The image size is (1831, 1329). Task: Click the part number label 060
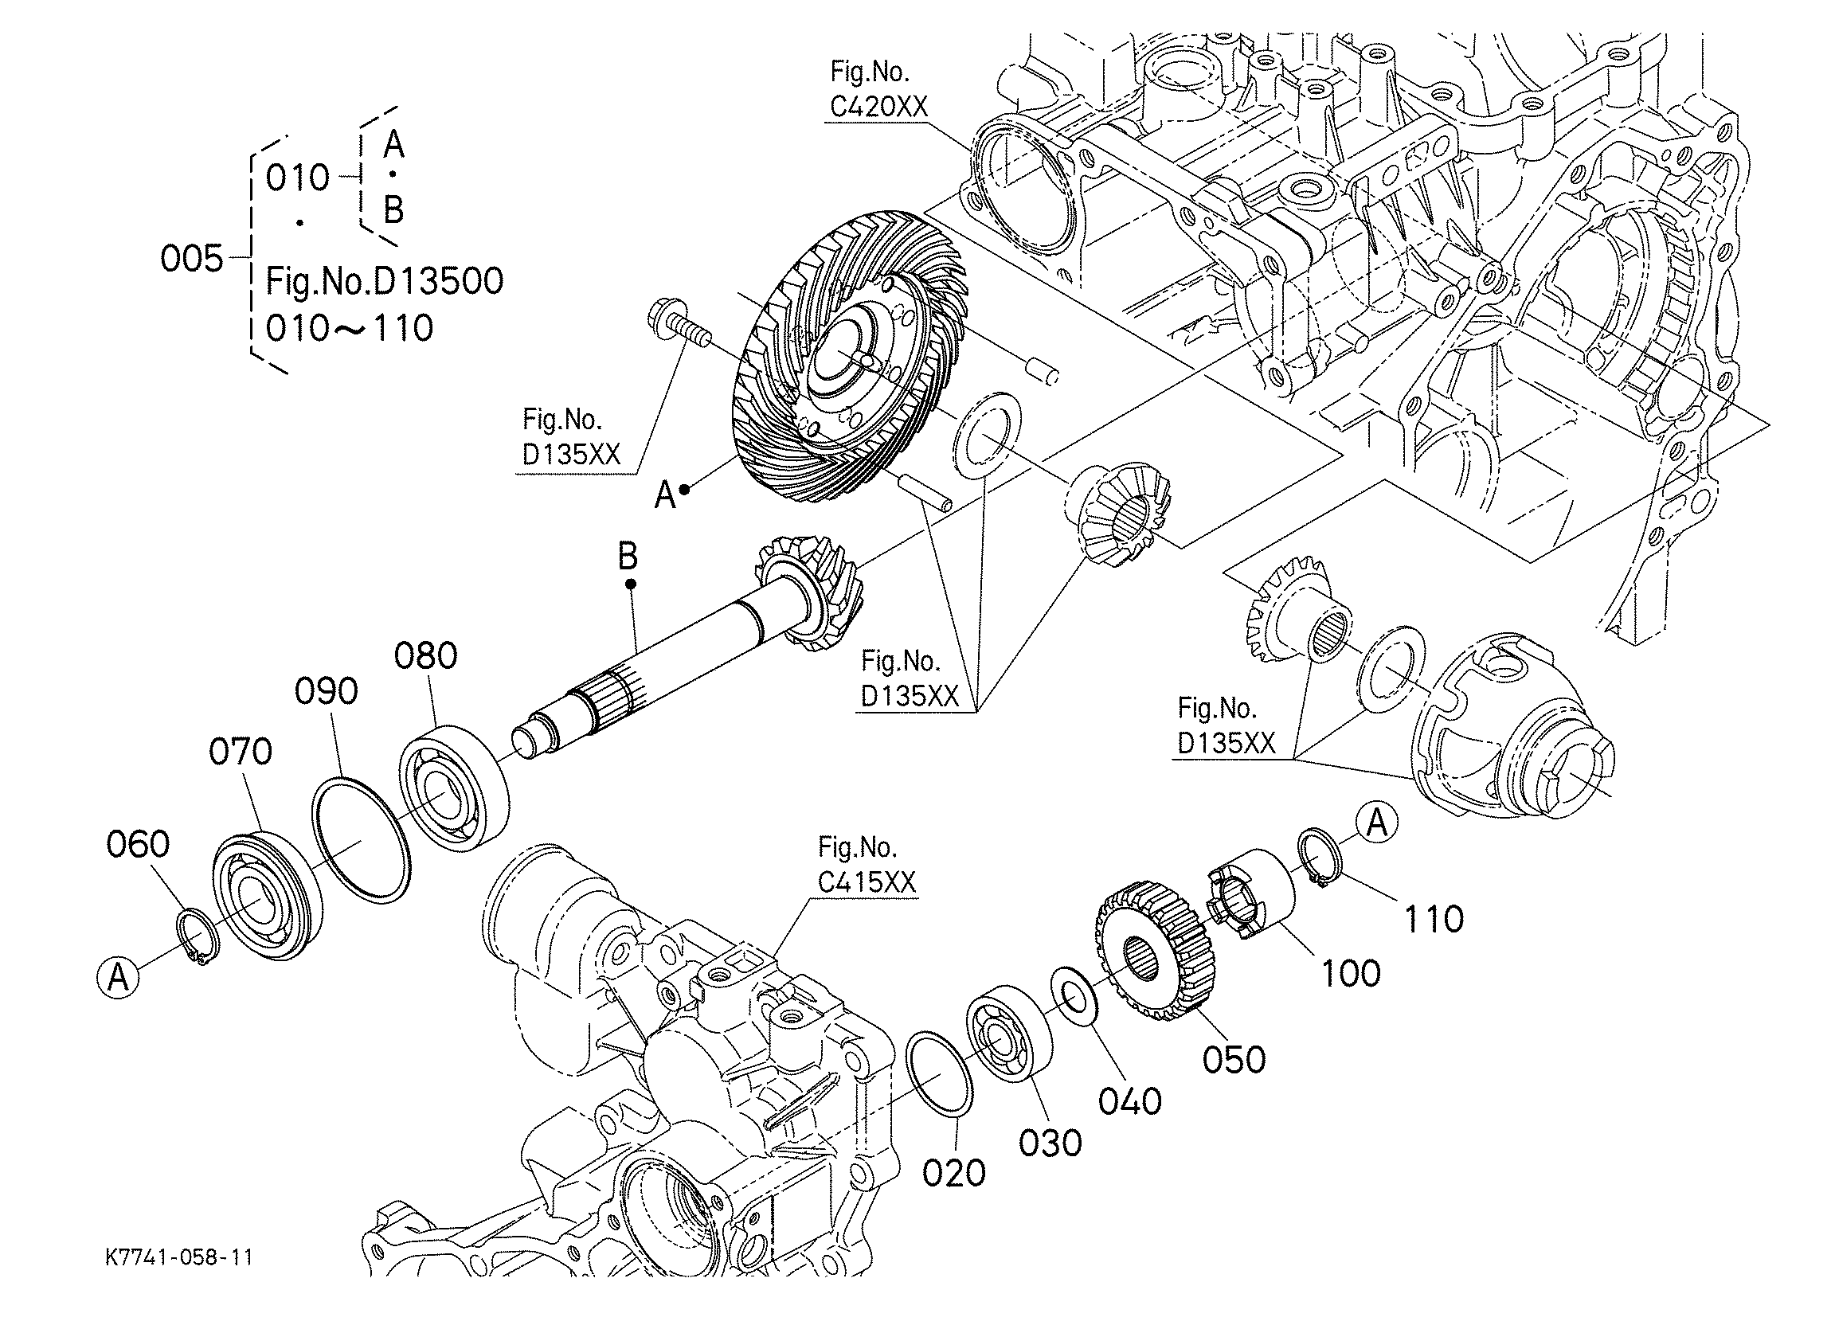coord(138,845)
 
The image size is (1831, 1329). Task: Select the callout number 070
coord(241,752)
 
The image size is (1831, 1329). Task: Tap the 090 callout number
coord(327,692)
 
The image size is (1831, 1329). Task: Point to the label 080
coord(425,655)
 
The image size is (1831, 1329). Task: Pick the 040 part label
coord(1130,1101)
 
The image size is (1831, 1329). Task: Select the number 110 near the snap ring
coord(1434,919)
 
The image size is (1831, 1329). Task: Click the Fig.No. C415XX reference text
coord(867,865)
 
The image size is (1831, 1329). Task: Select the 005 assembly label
coord(191,259)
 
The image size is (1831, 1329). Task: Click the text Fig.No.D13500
coord(385,281)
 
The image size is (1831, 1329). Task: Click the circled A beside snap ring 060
coord(118,978)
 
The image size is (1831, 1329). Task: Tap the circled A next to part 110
coord(1377,823)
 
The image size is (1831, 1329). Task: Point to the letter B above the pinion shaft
coord(628,557)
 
